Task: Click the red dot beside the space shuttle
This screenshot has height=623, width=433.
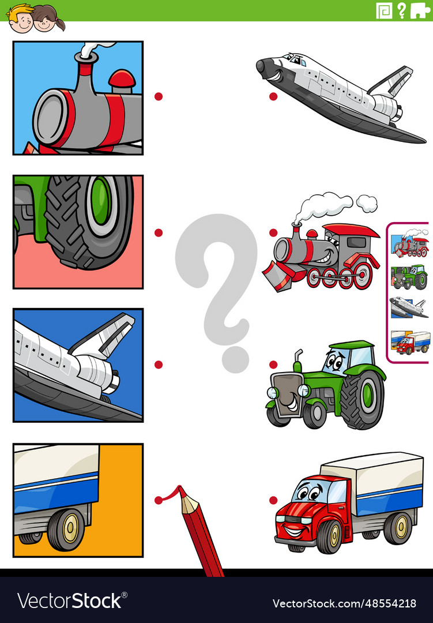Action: [x=273, y=96]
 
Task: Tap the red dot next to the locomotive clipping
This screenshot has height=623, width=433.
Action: [x=159, y=96]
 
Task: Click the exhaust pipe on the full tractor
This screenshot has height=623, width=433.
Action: [x=298, y=361]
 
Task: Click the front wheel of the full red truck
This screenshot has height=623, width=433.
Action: [x=329, y=536]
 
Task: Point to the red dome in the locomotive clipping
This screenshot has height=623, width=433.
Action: [x=122, y=80]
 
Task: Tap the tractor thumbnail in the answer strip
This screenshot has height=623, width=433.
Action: [x=409, y=277]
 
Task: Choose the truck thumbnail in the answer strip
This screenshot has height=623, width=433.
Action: [x=410, y=342]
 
